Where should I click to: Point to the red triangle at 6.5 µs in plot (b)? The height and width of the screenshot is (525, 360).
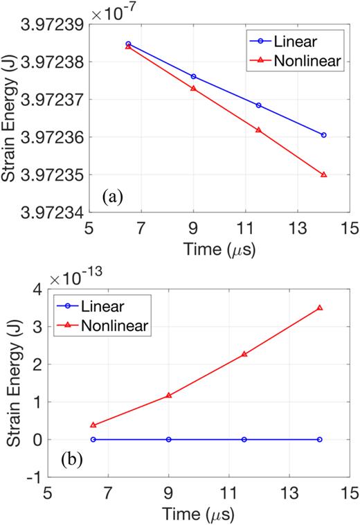coord(93,425)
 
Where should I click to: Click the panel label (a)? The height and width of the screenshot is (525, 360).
coord(113,197)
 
